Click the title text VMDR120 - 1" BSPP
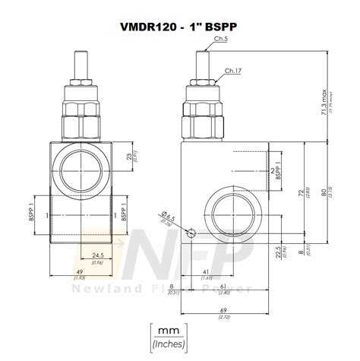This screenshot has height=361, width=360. tap(179, 24)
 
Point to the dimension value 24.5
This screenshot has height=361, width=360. tap(96, 255)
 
